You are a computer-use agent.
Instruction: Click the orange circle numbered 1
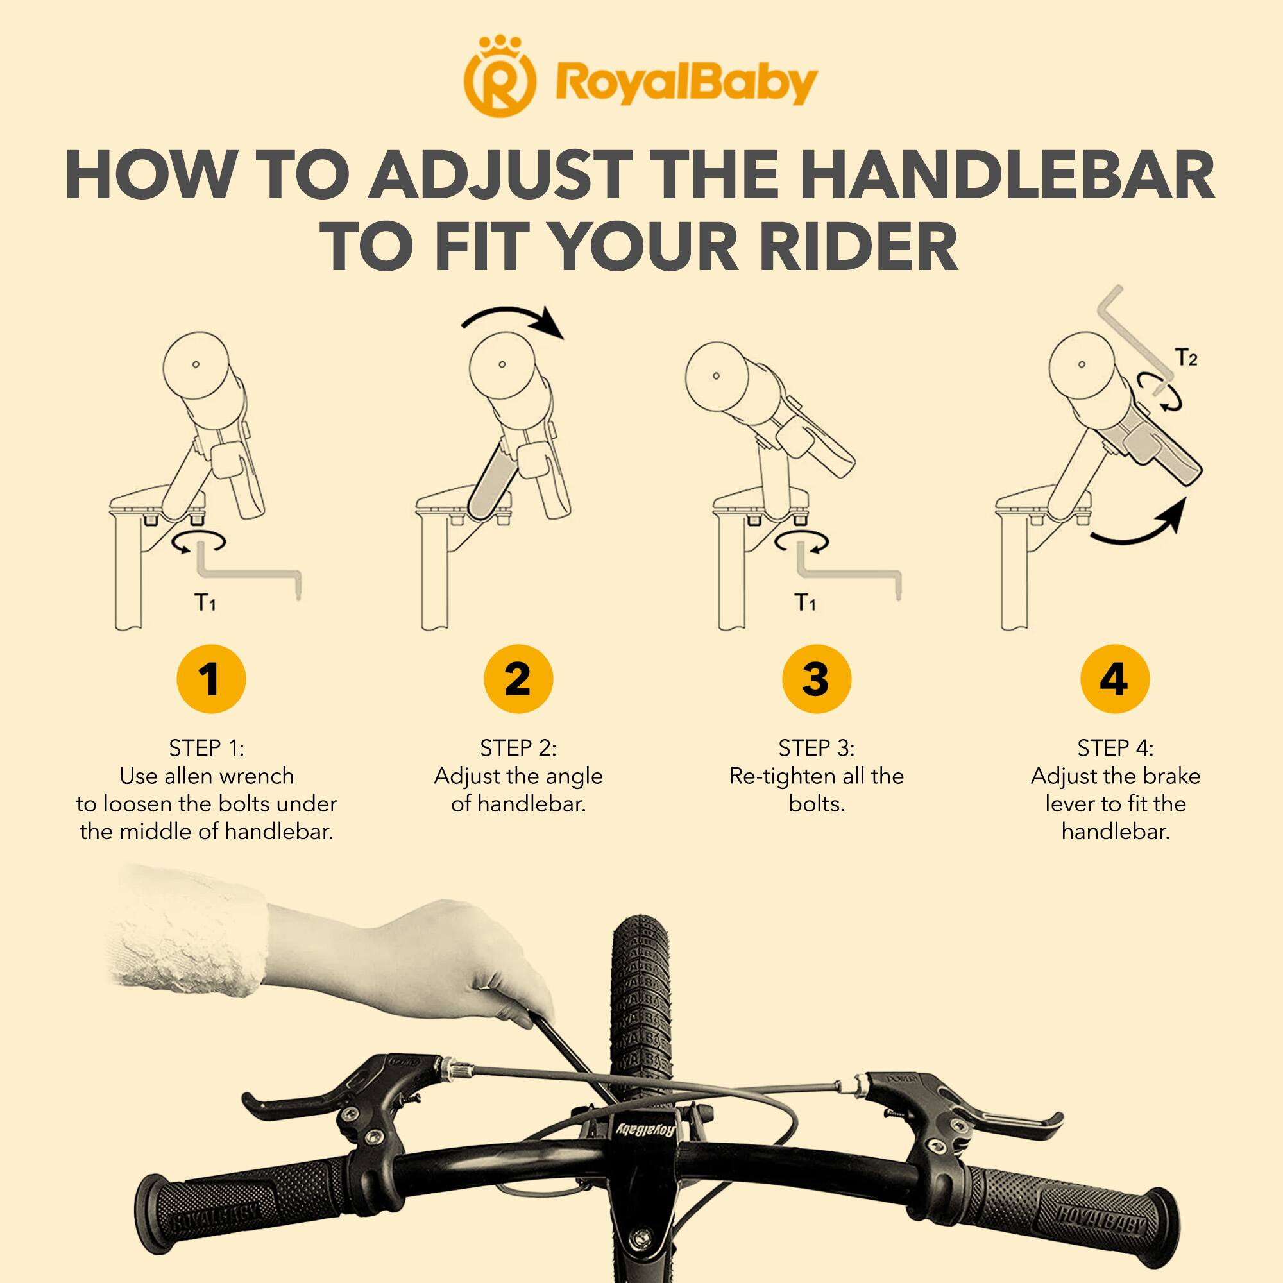tap(210, 679)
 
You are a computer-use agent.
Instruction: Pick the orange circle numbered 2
tap(518, 679)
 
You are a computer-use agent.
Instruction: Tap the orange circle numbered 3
tap(816, 679)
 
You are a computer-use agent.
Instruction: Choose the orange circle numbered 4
tap(1114, 679)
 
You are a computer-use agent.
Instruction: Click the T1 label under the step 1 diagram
tap(205, 602)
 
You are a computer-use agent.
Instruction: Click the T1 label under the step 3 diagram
tap(805, 602)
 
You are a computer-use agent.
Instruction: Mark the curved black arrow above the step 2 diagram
tap(514, 320)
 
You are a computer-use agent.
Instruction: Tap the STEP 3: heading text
tap(816, 749)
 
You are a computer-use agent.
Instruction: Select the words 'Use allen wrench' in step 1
tap(207, 776)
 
